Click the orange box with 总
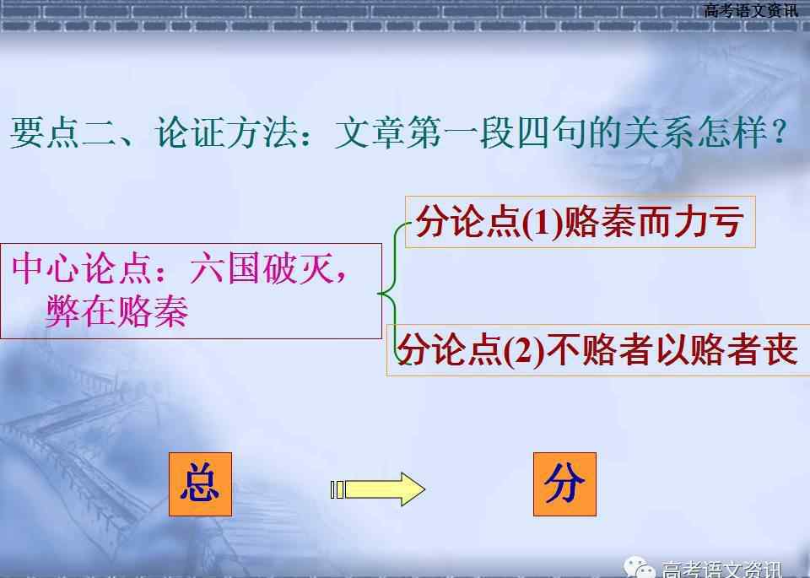201,484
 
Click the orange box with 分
564,484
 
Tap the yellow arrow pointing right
378,489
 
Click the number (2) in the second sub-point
523,351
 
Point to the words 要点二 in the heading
62,132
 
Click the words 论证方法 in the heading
226,132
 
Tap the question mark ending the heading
779,132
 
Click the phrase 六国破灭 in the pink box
262,268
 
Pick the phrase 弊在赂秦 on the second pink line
117,311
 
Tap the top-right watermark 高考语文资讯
751,10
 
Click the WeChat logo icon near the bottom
640,568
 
